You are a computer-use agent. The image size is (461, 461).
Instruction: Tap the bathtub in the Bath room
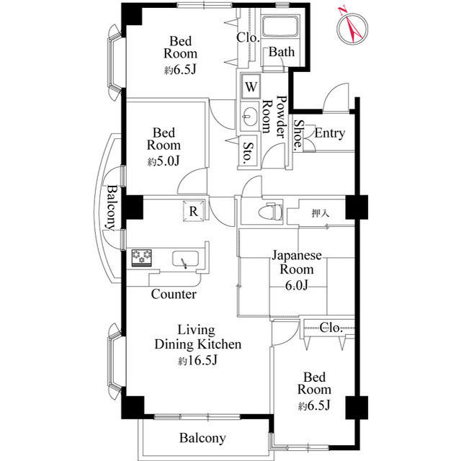(280, 27)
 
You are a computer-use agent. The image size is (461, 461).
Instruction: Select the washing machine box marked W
(251, 86)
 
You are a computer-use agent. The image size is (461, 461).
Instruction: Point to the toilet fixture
(270, 211)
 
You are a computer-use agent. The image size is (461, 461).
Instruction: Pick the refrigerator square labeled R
(194, 210)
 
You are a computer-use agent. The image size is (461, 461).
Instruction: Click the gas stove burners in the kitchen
(142, 258)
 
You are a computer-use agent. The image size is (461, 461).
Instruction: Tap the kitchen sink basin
(185, 259)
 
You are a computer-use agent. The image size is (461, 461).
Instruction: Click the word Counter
(174, 294)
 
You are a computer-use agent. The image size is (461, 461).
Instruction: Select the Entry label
(330, 133)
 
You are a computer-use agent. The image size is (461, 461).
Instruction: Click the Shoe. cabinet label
(298, 135)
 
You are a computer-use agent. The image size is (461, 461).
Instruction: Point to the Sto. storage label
(248, 153)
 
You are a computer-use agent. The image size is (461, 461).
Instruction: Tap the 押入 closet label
(320, 213)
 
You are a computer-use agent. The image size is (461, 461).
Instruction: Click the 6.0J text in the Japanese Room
(296, 285)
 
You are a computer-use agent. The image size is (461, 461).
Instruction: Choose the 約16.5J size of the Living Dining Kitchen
(197, 360)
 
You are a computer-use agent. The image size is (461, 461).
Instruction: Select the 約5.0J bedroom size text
(164, 161)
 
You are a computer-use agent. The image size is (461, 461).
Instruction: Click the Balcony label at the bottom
(202, 438)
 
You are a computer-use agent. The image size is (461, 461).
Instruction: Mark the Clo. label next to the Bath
(248, 37)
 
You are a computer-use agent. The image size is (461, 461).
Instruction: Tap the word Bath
(282, 52)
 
